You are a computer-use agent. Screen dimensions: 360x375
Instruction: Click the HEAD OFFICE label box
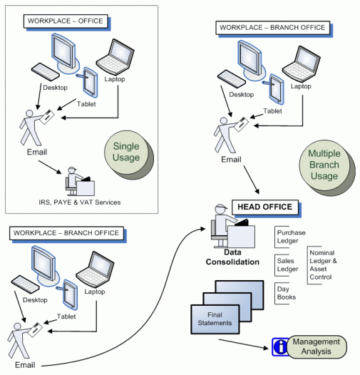click(x=265, y=207)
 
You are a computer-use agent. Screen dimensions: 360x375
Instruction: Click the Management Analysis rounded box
click(x=317, y=346)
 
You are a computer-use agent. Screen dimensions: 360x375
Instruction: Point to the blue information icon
click(x=280, y=346)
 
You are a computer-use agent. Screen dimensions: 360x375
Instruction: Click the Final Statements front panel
click(x=215, y=319)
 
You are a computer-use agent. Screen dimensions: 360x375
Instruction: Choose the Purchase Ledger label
click(x=290, y=237)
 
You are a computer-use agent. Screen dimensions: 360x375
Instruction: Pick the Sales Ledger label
click(x=287, y=265)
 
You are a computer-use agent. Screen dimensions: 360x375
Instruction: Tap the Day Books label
click(x=286, y=293)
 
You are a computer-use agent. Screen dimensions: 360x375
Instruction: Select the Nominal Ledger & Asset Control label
click(x=322, y=265)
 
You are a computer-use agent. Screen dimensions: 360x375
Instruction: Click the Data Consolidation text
click(x=232, y=257)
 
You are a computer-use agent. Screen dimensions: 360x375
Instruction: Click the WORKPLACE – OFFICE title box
click(x=66, y=21)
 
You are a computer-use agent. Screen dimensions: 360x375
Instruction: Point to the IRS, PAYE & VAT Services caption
click(x=80, y=202)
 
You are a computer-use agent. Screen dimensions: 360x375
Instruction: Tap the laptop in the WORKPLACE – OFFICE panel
click(x=115, y=57)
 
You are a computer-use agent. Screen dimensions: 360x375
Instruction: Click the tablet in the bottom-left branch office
click(x=70, y=294)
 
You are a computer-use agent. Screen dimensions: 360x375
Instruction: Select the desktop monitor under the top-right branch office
click(x=250, y=59)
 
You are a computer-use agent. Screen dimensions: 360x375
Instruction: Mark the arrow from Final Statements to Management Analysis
click(x=244, y=344)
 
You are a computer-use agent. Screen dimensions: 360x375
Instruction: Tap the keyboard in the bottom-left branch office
click(x=25, y=284)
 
